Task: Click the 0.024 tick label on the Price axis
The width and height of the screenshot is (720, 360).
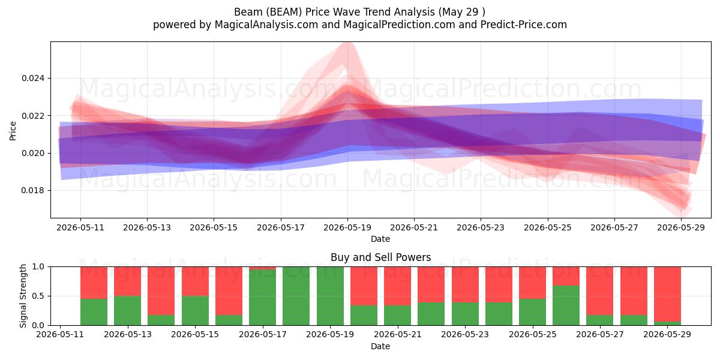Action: point(34,79)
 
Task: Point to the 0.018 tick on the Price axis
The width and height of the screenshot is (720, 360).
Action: point(34,191)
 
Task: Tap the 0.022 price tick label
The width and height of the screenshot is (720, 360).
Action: point(34,116)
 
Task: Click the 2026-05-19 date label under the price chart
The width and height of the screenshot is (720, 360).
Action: point(347,227)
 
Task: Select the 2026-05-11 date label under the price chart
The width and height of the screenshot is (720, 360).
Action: point(80,227)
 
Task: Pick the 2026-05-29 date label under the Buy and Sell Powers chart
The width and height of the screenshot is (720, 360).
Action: point(667,334)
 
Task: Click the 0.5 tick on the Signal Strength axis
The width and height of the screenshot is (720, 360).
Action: point(38,296)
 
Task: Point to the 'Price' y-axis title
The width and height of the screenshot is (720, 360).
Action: point(13,131)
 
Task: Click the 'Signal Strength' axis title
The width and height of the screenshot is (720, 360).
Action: point(23,296)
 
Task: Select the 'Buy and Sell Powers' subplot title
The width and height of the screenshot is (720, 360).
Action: point(380,257)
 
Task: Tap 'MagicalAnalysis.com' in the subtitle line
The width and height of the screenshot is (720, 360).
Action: point(266,25)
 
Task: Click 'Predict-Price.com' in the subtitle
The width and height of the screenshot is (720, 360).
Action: point(524,25)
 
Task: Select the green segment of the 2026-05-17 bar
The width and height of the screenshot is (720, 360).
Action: point(262,298)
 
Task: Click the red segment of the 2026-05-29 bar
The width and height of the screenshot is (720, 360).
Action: point(667,294)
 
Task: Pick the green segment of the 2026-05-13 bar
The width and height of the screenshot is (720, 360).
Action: point(127,311)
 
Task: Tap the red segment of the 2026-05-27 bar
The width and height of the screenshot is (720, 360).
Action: point(599,291)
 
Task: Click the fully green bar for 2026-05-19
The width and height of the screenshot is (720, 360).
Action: point(330,296)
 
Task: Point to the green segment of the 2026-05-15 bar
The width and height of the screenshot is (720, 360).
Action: point(195,311)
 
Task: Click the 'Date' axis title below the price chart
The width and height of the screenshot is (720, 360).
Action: point(380,239)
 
